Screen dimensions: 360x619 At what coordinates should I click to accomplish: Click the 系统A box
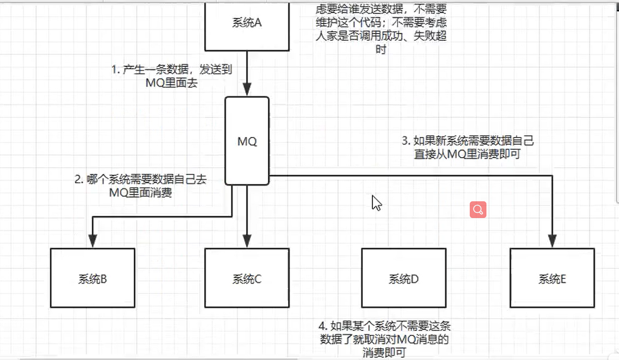tap(247, 25)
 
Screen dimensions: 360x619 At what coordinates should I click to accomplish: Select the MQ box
tap(247, 141)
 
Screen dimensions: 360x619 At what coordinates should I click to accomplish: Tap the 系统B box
tap(93, 278)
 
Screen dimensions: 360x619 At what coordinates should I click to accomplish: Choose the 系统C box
tap(247, 278)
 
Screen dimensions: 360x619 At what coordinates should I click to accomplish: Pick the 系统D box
tap(403, 278)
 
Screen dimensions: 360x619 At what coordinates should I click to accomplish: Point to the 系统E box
tap(552, 278)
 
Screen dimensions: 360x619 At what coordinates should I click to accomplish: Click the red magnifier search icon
tap(478, 210)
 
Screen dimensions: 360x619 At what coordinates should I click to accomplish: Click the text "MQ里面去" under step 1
tap(171, 83)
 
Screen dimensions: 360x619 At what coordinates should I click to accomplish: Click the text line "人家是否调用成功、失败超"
tap(381, 36)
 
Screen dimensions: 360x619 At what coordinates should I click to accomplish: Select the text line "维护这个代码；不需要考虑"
tap(381, 23)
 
